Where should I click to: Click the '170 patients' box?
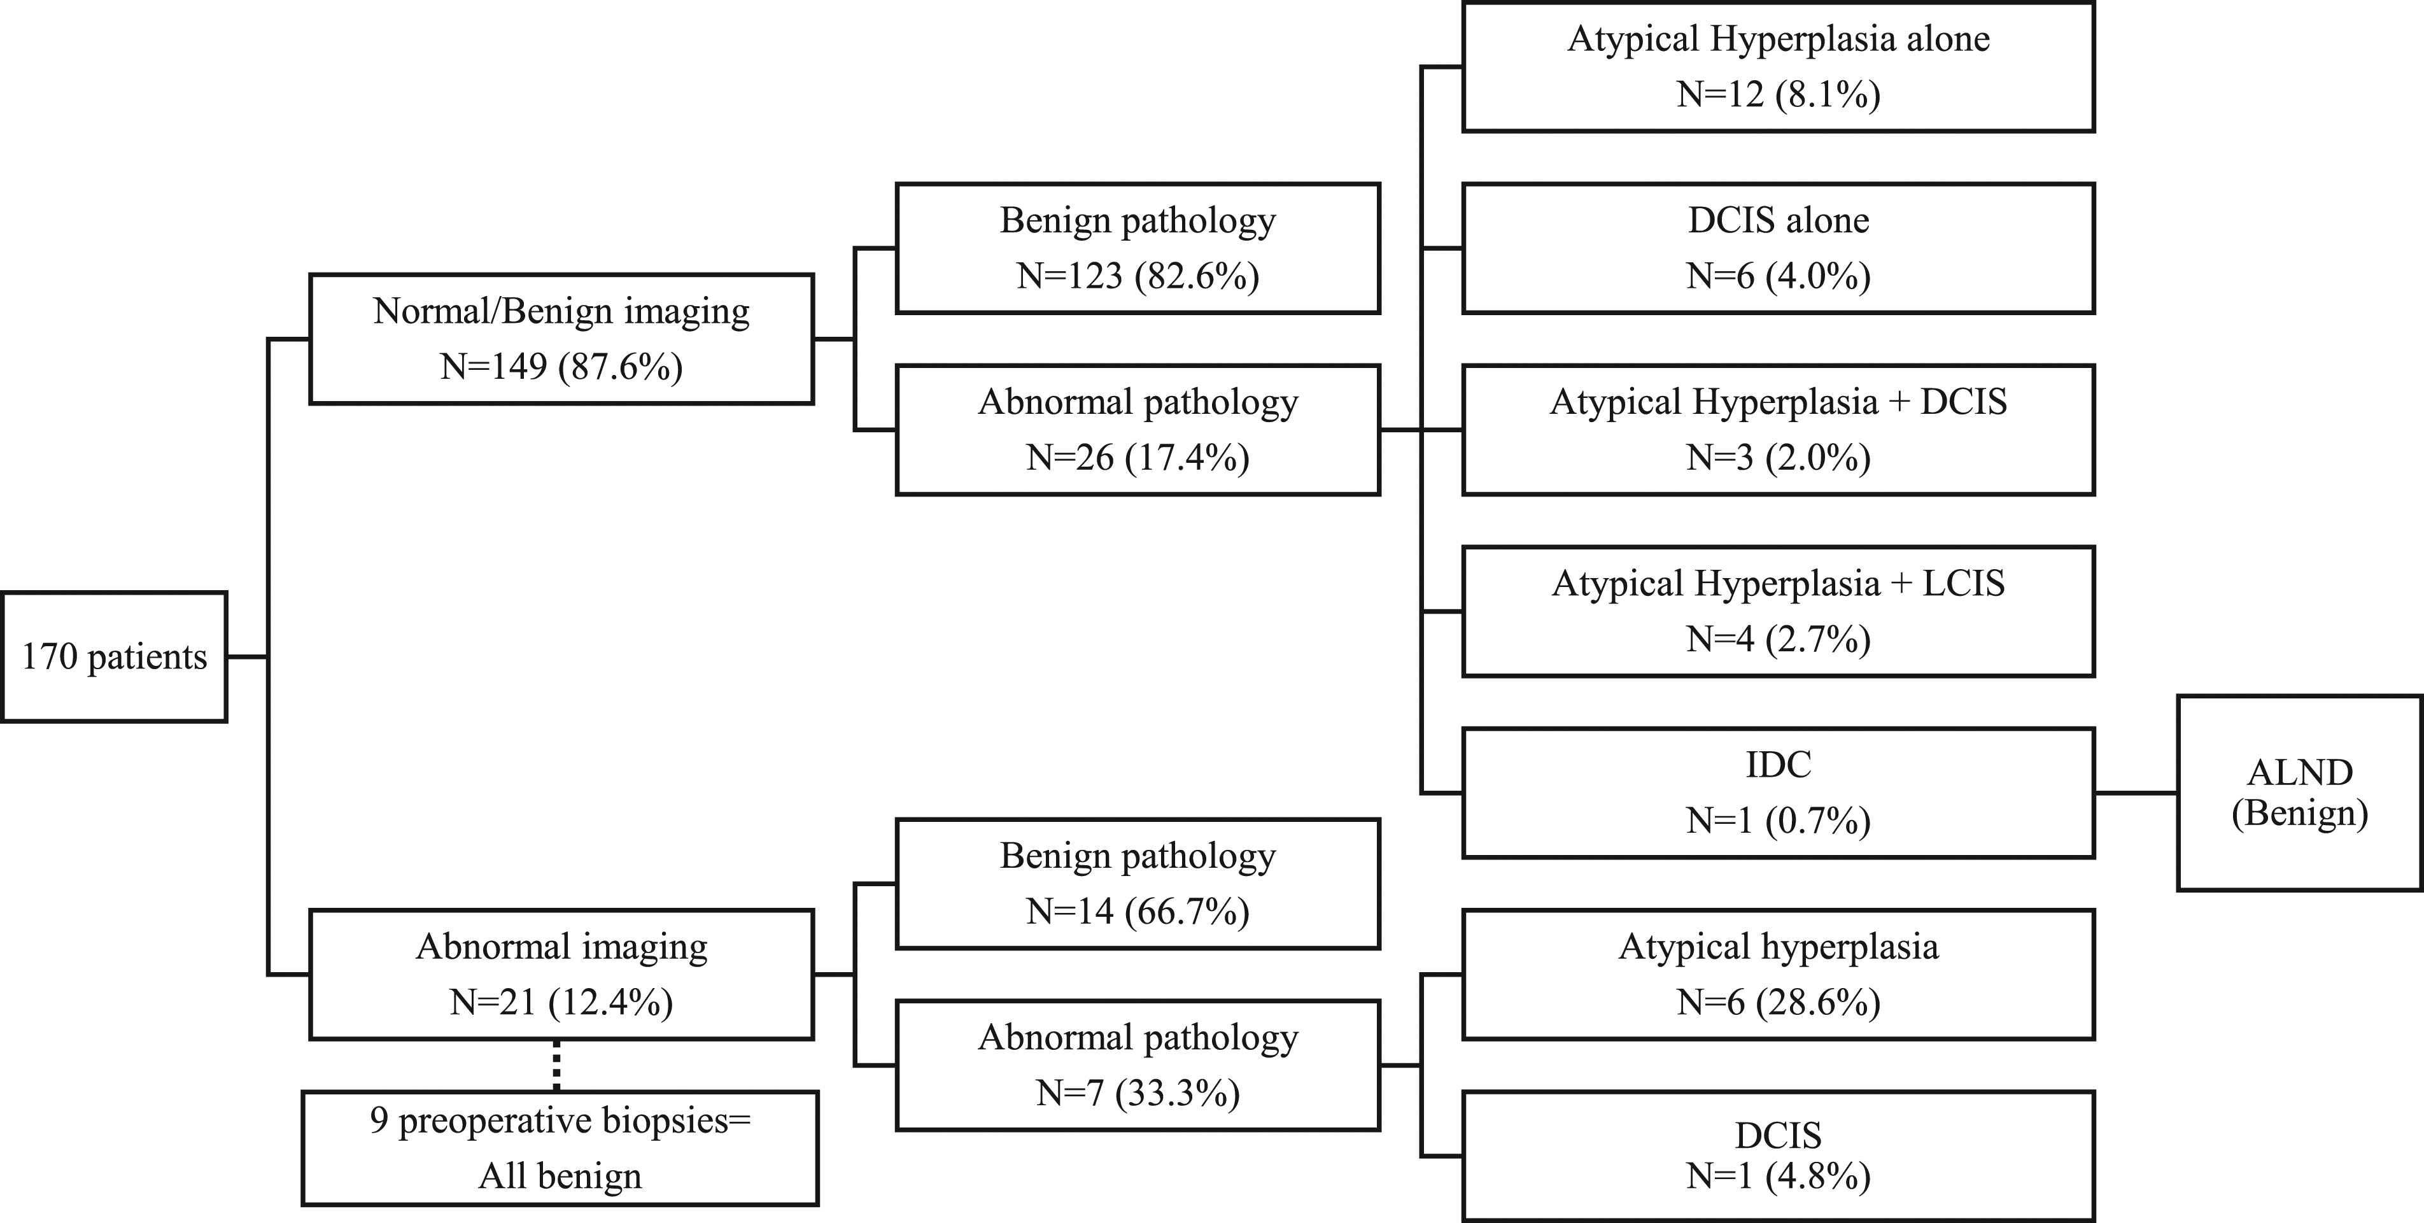[114, 656]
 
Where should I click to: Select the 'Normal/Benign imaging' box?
[562, 339]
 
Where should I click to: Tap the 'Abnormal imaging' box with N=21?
[562, 973]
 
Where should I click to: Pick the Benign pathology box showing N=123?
[1138, 248]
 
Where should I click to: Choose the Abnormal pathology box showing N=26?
[1138, 430]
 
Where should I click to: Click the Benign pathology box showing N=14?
[1138, 884]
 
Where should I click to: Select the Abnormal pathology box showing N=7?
[1138, 1065]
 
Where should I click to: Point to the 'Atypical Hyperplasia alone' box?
[1779, 67]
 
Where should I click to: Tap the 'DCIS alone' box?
[1779, 248]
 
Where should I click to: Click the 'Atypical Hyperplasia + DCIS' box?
[1779, 430]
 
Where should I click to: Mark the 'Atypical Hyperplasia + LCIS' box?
[1779, 611]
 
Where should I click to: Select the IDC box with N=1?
[1779, 793]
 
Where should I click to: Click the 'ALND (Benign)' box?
[2300, 793]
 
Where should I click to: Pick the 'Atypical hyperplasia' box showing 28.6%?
[1779, 973]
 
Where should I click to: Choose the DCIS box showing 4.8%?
[1779, 1156]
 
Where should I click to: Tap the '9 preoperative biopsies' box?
[560, 1148]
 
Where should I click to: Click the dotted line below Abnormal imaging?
[556, 1065]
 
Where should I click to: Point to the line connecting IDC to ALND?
[2136, 793]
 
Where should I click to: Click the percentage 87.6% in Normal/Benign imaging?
[621, 366]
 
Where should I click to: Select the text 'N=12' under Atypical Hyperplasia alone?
[1720, 94]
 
